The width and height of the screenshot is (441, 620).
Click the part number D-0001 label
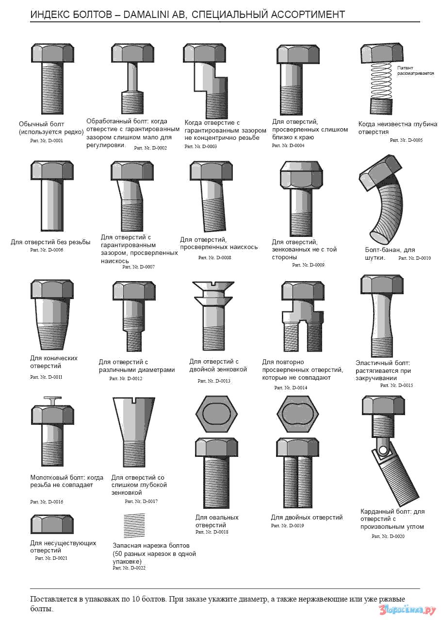47,141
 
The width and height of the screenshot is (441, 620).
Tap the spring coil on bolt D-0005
381,80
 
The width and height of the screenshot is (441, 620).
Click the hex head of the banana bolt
380,172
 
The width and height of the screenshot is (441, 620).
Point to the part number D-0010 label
414,258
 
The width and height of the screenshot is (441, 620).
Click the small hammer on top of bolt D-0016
52,401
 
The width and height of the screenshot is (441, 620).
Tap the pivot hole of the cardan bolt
383,450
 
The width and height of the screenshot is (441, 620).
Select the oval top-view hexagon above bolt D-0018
216,414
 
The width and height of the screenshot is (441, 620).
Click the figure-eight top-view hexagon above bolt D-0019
297,414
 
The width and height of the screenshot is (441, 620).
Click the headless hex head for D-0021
52,524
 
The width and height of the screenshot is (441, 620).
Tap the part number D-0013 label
214,381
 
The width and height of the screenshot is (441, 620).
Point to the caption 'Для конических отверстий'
54,362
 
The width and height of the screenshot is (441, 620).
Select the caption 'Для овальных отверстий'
217,521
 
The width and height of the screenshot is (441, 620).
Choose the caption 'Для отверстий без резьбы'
50,242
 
